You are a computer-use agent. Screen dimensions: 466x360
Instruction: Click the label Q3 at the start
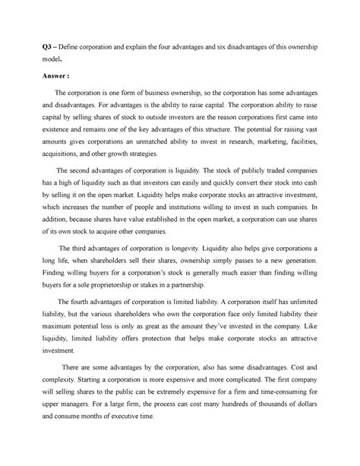pyautogui.click(x=45, y=49)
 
